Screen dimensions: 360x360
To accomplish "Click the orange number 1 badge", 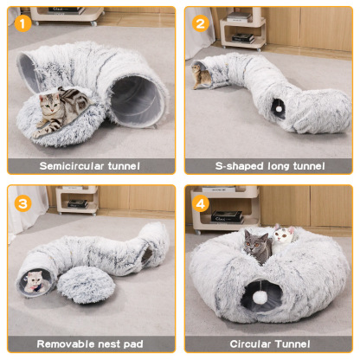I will point(22,23).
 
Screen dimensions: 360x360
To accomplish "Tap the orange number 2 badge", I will point(200,23).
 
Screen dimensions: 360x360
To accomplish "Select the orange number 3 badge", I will point(22,203).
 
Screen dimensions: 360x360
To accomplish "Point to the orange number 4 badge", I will point(200,203).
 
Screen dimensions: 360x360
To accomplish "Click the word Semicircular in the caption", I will point(70,164).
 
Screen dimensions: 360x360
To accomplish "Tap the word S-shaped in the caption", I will point(237,165).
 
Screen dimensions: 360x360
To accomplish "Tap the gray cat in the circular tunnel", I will point(257,247).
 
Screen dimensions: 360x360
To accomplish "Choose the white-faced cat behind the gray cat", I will point(282,236).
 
